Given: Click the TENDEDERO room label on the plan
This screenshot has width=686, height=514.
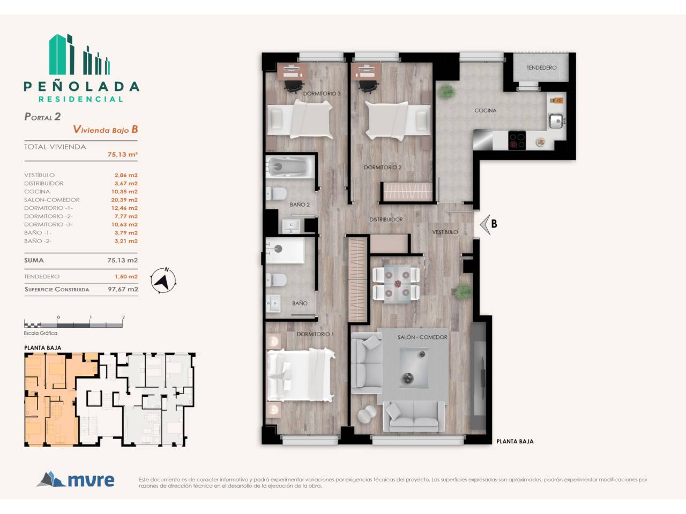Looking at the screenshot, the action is pyautogui.click(x=541, y=67).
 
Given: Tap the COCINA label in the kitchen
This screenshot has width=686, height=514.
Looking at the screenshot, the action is pyautogui.click(x=486, y=110).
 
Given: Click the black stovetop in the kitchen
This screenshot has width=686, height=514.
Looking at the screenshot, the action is pyautogui.click(x=517, y=140).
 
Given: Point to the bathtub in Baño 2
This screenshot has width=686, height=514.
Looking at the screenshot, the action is pyautogui.click(x=290, y=167).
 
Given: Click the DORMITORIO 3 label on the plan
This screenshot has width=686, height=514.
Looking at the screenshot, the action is pyautogui.click(x=322, y=94).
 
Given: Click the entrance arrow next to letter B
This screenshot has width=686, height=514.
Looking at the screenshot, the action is pyautogui.click(x=484, y=224).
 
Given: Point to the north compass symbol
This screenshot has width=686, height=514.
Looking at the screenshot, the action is pyautogui.click(x=163, y=280).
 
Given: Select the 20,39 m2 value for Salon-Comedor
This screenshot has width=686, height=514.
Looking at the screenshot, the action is pyautogui.click(x=124, y=200).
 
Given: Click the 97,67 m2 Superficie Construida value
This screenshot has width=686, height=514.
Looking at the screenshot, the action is pyautogui.click(x=123, y=289).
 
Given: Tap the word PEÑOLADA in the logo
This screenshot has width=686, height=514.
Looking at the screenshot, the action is pyautogui.click(x=81, y=86).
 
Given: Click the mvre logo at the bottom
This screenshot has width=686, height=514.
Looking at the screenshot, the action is pyautogui.click(x=76, y=479).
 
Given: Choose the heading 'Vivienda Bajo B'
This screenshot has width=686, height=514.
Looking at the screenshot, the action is pyautogui.click(x=106, y=130).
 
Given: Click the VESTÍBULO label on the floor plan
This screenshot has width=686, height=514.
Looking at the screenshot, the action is pyautogui.click(x=445, y=232).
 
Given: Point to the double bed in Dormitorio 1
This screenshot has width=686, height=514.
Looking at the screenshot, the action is pyautogui.click(x=301, y=375).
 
